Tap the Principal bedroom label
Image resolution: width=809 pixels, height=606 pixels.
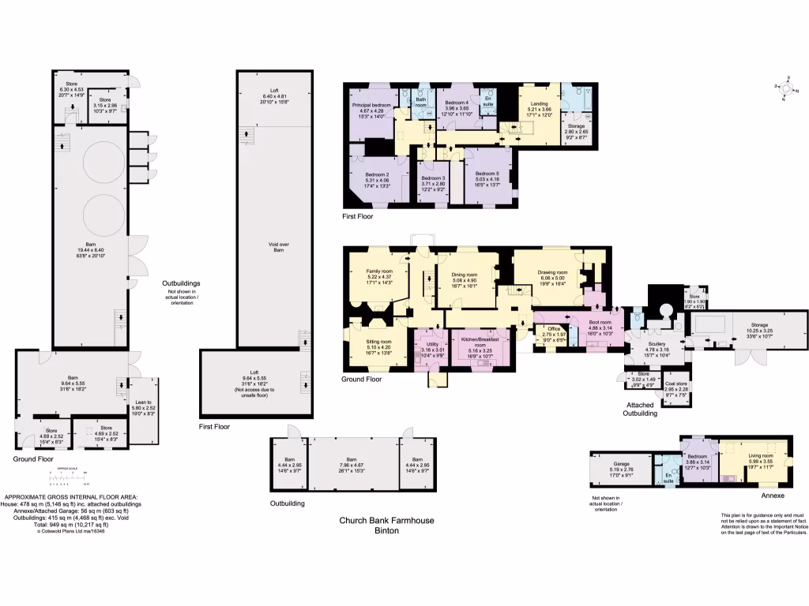371,105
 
